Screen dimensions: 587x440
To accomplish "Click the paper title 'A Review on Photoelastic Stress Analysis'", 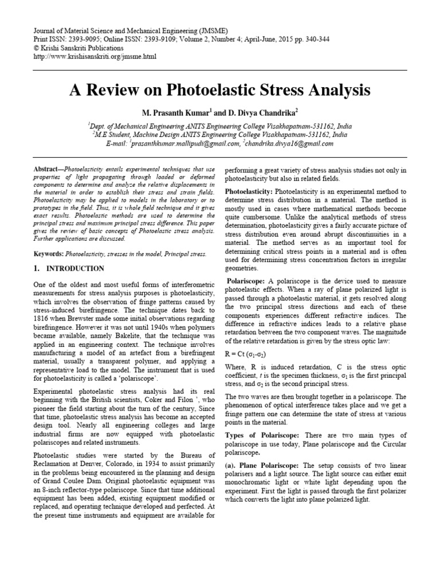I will [220, 91].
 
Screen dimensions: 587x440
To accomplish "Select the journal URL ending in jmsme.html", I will [95, 57].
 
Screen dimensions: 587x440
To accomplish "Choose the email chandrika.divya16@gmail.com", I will [289, 144].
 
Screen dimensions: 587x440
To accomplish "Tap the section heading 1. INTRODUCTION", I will [68, 268].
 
